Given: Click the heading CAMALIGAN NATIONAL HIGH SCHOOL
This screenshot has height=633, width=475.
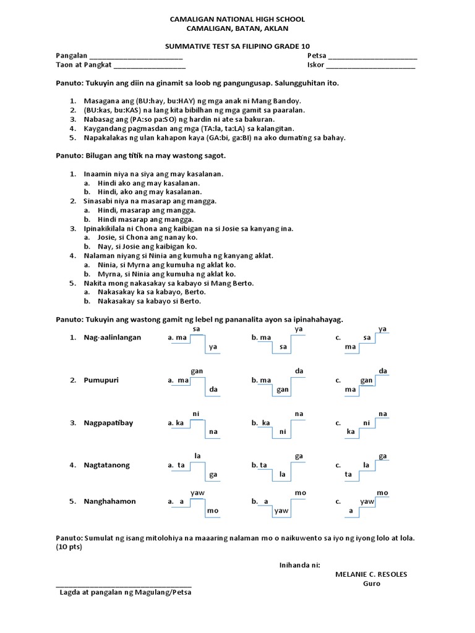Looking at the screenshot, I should point(237,20).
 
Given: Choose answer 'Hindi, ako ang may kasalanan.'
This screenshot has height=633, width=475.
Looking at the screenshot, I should point(148,193).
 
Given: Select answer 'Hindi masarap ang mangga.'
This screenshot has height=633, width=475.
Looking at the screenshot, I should point(145,219).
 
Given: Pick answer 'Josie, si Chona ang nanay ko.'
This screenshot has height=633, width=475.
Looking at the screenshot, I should point(147,237).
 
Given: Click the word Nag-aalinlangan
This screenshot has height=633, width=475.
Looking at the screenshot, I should point(113,338).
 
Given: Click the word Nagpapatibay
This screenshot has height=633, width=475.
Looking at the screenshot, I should point(108,423).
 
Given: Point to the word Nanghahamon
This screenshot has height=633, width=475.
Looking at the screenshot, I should point(109,501).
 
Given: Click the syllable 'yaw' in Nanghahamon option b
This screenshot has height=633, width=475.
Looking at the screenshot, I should point(282,511).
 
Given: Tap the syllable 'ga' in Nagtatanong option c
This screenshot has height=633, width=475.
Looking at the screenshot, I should point(383,456).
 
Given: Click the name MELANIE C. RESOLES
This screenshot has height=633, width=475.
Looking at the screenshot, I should point(371,574).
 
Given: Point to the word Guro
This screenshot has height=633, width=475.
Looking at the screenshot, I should point(371,584).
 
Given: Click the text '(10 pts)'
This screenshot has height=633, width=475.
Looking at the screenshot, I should point(69,548).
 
